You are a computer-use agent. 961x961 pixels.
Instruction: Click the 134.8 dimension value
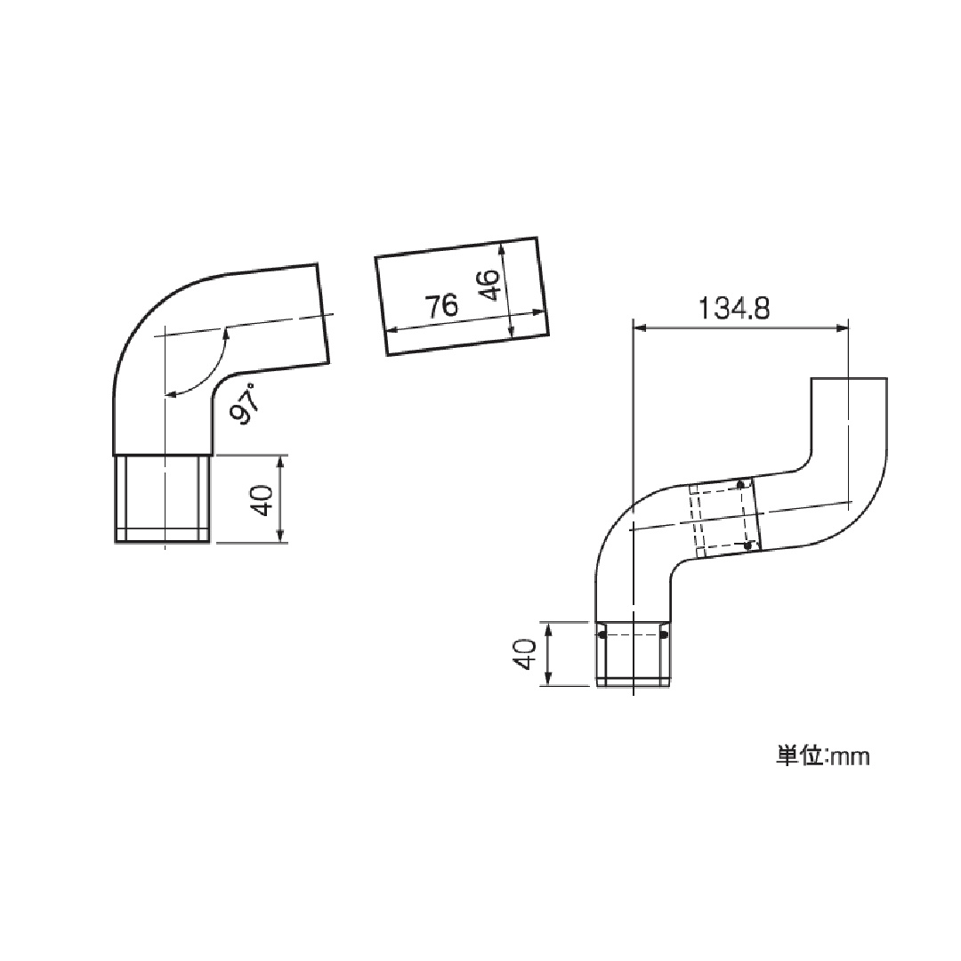[734, 309]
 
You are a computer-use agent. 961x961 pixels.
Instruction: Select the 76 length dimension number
[440, 307]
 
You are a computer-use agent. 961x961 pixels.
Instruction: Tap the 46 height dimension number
[489, 287]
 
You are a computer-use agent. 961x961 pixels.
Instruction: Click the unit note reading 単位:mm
[822, 756]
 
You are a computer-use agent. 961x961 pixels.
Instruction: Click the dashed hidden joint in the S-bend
[723, 518]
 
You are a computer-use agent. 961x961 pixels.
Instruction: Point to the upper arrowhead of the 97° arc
[226, 331]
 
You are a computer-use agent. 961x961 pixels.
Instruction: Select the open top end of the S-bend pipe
[849, 380]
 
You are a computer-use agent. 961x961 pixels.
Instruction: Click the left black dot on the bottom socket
[602, 634]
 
